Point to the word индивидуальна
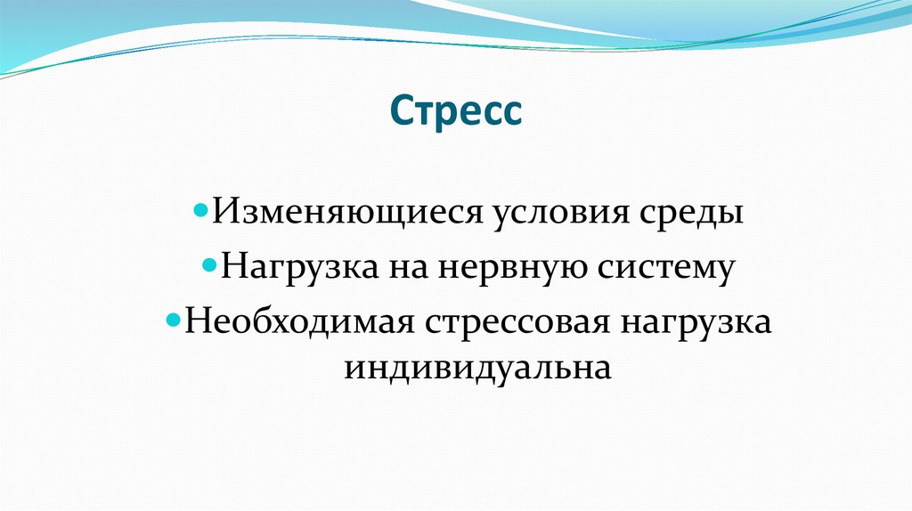(x=478, y=368)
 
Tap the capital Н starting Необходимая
(x=193, y=320)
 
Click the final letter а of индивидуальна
(x=603, y=369)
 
